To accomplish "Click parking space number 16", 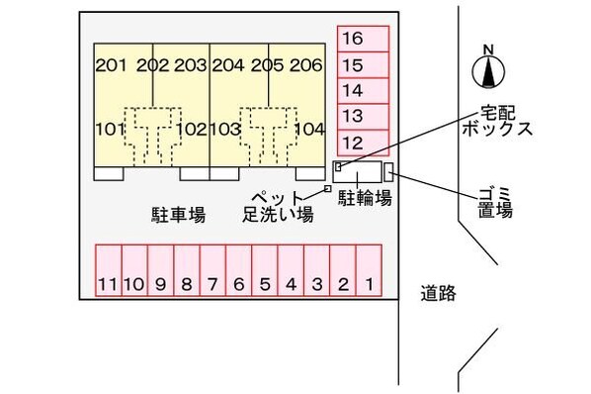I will pos(353,40).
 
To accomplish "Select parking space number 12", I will pos(353,142).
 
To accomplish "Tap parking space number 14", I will pos(353,91).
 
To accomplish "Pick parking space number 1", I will pos(368,285).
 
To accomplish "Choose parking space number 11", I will pos(108,285).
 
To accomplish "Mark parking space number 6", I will pos(238,285).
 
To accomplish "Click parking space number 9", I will pos(160,285).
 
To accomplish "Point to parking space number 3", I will pos(316,285).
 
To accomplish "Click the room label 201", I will pos(111,66).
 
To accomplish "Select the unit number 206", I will pos(306,66).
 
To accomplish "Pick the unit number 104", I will pos(309,129).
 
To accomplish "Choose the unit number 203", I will pos(190,66).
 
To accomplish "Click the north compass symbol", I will pos(486,69).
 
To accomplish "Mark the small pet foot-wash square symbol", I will pos(327,188).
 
